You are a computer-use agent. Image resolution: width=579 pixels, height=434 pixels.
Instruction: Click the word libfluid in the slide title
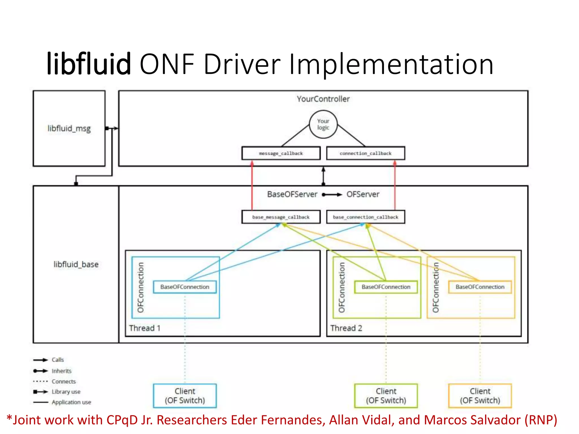click(88, 64)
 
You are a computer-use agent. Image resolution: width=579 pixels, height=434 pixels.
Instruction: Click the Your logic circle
click(323, 124)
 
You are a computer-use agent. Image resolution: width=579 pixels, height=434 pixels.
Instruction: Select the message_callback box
click(281, 153)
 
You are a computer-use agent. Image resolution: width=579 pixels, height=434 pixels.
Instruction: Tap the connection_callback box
click(366, 153)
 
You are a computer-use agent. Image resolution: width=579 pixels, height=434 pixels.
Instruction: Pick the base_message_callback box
click(281, 217)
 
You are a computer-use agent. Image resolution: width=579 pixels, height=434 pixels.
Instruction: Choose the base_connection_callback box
click(366, 217)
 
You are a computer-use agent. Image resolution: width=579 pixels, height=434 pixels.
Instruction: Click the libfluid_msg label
click(69, 129)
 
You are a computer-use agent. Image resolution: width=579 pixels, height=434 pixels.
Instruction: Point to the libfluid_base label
click(76, 264)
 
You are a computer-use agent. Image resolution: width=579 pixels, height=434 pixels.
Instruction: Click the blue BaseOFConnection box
click(185, 287)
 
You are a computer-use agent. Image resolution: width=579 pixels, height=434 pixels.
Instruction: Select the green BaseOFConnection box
click(386, 287)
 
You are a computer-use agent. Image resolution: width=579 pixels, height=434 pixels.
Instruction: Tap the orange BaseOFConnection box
click(480, 287)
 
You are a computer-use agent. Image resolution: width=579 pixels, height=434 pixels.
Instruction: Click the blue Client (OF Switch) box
click(185, 396)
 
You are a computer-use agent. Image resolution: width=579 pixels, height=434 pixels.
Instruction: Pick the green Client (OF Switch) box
click(386, 396)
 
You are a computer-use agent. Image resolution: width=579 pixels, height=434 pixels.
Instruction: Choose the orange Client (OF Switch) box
click(480, 396)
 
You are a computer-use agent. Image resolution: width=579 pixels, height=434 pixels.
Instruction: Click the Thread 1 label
click(145, 328)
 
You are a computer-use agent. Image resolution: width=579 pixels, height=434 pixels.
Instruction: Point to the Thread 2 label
click(346, 328)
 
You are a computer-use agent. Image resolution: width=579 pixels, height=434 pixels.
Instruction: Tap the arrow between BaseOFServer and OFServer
click(332, 194)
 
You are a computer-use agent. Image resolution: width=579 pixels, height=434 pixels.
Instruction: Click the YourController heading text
click(323, 99)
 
